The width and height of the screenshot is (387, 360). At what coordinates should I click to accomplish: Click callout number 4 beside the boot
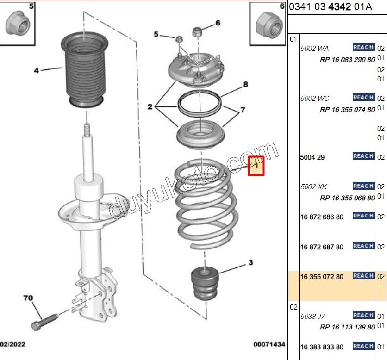tap(36, 71)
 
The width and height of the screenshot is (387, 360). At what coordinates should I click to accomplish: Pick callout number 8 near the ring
tap(246, 84)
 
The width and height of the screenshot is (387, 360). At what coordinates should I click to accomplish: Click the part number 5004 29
tap(312, 157)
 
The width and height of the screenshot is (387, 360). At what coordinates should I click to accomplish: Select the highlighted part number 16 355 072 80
tap(322, 277)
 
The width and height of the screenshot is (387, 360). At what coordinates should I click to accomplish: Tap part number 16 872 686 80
tap(322, 217)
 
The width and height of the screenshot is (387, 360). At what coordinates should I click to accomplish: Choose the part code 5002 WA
tap(315, 48)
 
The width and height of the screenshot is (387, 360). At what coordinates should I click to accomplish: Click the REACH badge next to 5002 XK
tap(363, 186)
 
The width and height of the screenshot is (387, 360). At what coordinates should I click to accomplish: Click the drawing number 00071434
tap(269, 345)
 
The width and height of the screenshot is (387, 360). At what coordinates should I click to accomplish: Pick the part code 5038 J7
tap(313, 317)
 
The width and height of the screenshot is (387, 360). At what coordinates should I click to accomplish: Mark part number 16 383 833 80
tap(322, 347)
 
